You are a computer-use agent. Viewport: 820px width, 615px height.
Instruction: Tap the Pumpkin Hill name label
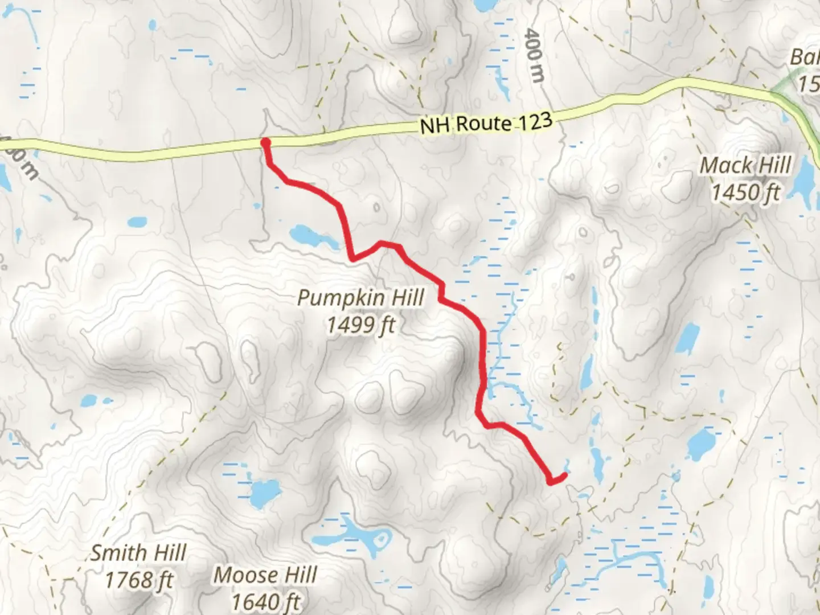tap(361, 298)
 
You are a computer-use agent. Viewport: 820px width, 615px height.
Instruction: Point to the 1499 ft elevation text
tap(361, 325)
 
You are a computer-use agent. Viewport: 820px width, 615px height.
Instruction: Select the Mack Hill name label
tap(745, 166)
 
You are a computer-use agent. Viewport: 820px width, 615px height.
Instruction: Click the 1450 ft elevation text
tap(745, 192)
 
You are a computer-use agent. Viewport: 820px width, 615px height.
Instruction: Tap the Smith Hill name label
tap(139, 553)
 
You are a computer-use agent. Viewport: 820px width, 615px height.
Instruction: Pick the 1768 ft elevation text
tap(139, 580)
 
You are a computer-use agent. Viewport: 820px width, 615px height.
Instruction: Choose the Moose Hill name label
tap(265, 576)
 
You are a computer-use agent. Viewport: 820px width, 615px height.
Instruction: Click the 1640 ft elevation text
tap(265, 601)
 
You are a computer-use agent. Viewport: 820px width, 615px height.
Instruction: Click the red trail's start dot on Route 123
tap(265, 142)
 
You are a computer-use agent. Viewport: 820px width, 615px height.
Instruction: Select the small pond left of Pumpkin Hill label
tap(136, 222)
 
